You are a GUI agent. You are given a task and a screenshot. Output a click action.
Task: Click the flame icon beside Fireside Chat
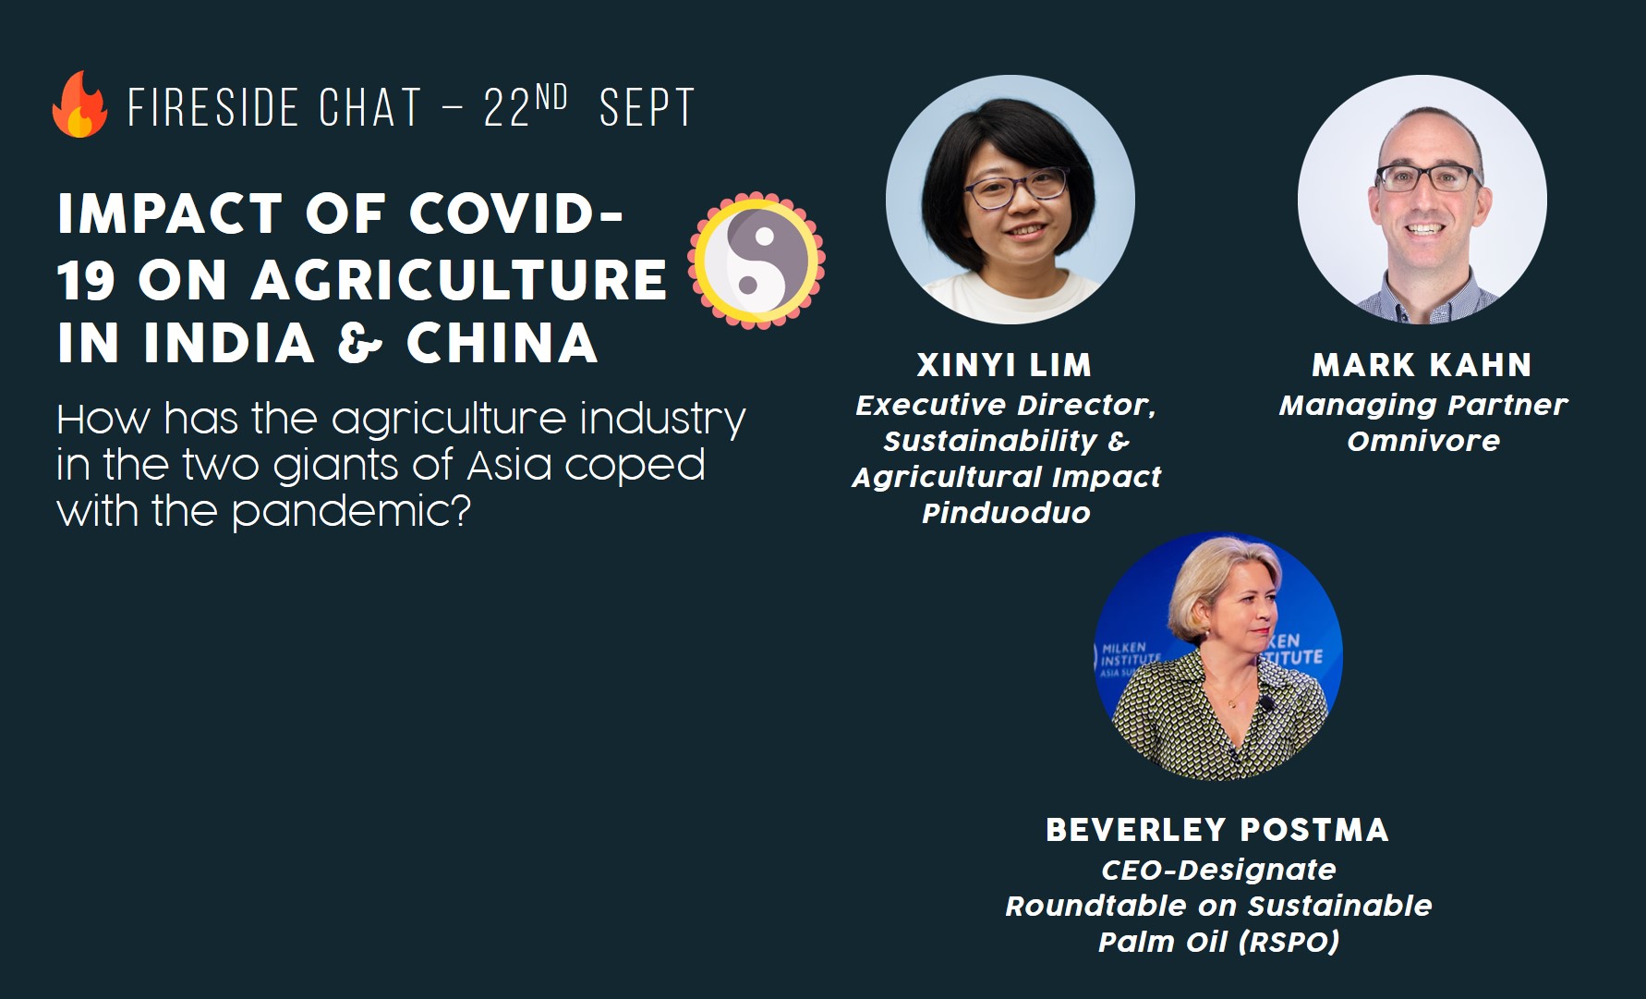pyautogui.click(x=79, y=104)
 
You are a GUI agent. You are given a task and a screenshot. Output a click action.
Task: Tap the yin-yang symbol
pyautogui.click(x=756, y=261)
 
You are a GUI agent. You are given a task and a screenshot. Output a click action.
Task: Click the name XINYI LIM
pyautogui.click(x=1004, y=365)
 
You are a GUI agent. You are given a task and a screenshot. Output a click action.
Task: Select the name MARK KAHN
pyautogui.click(x=1422, y=365)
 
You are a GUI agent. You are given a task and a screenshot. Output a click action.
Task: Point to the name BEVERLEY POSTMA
pyautogui.click(x=1217, y=830)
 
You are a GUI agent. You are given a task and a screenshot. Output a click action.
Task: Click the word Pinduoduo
pyautogui.click(x=1006, y=513)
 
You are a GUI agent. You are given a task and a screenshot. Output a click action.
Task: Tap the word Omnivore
pyautogui.click(x=1423, y=441)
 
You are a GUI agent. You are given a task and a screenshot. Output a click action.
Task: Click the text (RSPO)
pyautogui.click(x=1289, y=942)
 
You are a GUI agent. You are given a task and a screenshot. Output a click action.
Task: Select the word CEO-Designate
pyautogui.click(x=1218, y=870)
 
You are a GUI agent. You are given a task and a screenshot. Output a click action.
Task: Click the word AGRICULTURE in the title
pyautogui.click(x=459, y=280)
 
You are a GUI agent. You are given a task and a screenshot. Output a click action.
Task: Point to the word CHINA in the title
pyautogui.click(x=502, y=344)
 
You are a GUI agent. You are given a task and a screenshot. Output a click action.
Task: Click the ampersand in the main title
pyautogui.click(x=360, y=344)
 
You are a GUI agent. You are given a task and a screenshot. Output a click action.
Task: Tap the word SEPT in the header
pyautogui.click(x=647, y=108)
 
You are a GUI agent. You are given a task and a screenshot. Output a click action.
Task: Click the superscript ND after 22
pyautogui.click(x=551, y=97)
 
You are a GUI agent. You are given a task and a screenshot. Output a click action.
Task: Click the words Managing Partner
pyautogui.click(x=1423, y=405)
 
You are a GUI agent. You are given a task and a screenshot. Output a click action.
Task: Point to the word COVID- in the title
pyautogui.click(x=516, y=214)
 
